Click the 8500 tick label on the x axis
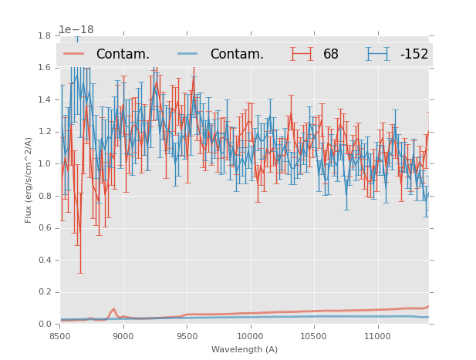[x=60, y=336]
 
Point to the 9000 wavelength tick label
[x=123, y=336]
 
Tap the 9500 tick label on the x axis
[x=187, y=336]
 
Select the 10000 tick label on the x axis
[x=250, y=336]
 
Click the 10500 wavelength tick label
[x=314, y=336]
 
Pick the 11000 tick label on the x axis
[x=377, y=336]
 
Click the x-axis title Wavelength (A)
[x=245, y=350]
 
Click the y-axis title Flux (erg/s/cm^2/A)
[x=29, y=180]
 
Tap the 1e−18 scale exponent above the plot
[x=76, y=30]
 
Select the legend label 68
[x=331, y=55]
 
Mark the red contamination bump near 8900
[x=113, y=309]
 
